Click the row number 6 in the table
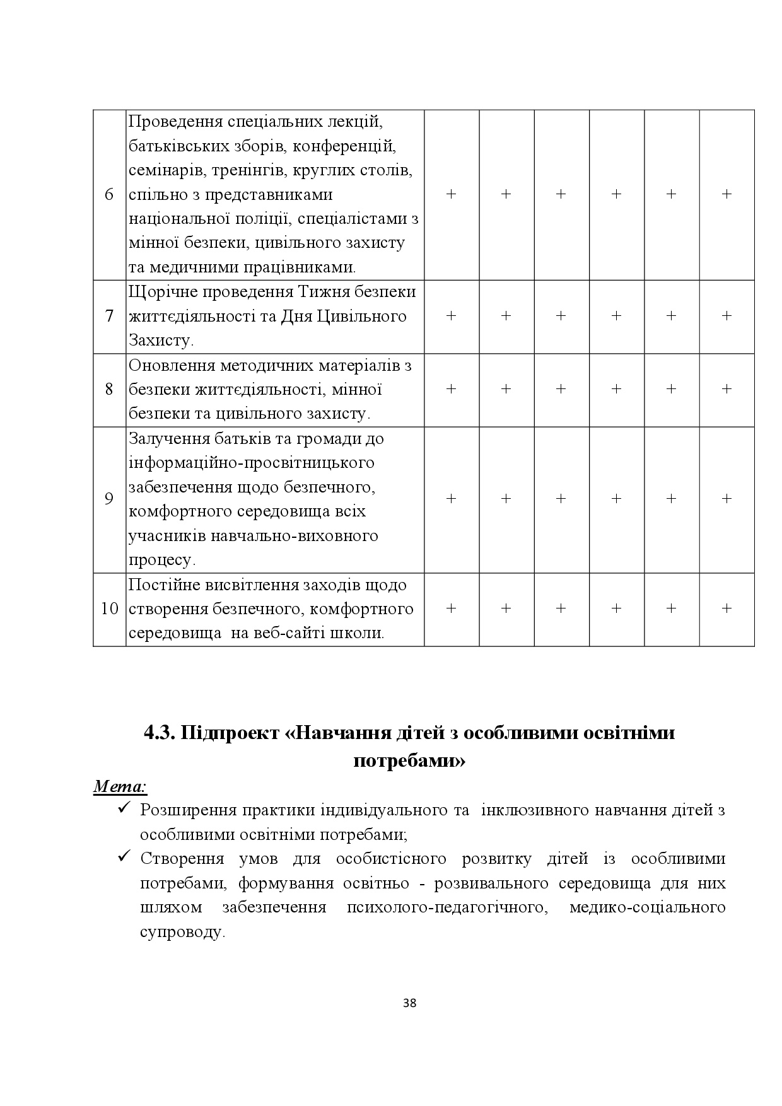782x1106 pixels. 109,195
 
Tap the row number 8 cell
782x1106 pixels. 109,390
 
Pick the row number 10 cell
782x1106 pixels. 109,609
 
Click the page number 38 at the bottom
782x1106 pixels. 409,1003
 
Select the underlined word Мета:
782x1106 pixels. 120,786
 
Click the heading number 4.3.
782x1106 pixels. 160,733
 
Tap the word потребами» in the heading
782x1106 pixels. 409,761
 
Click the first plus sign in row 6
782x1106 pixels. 451,195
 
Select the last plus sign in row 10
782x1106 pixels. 727,608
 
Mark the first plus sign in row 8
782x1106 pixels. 451,390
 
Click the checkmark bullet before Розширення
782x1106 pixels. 124,808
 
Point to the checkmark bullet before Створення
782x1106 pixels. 124,857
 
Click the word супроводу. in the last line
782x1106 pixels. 182,932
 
